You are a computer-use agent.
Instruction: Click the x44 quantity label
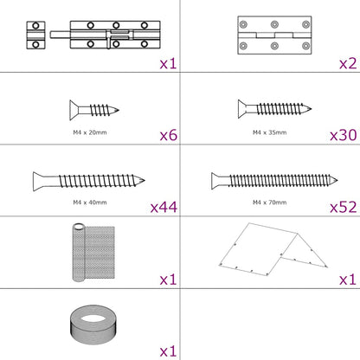pyautogui.click(x=164, y=207)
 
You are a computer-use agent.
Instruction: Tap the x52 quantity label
pyautogui.click(x=344, y=207)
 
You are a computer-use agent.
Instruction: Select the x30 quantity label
pyautogui.click(x=344, y=135)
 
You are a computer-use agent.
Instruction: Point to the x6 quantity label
pyautogui.click(x=169, y=135)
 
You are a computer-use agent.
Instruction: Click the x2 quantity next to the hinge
pyautogui.click(x=348, y=63)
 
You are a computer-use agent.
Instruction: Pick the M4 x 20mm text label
pyautogui.click(x=90, y=132)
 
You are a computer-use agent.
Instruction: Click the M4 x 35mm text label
pyautogui.click(x=269, y=132)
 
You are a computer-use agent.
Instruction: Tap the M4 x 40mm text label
pyautogui.click(x=90, y=202)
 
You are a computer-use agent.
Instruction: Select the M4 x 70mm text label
pyautogui.click(x=269, y=202)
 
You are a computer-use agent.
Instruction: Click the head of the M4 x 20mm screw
pyautogui.click(x=74, y=110)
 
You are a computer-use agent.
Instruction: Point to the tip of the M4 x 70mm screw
pyautogui.click(x=337, y=180)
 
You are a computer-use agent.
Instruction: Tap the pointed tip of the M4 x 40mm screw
pyautogui.click(x=145, y=181)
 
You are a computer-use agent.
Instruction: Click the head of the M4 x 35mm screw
pyautogui.click(x=242, y=109)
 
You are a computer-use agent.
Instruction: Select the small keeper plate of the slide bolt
pyautogui.click(x=35, y=35)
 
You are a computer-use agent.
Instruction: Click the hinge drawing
pyautogui.click(x=274, y=35)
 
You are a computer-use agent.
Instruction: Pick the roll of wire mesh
pyautogui.click(x=93, y=253)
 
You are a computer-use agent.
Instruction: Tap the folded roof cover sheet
pyautogui.click(x=273, y=249)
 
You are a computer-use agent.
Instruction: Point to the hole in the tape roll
pyautogui.click(x=93, y=318)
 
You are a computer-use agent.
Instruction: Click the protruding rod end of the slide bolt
pyautogui.click(x=60, y=35)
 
